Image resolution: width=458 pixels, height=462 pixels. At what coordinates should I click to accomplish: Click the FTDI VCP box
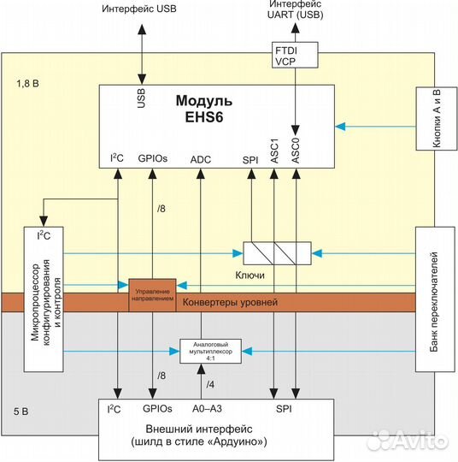pyautogui.click(x=295, y=55)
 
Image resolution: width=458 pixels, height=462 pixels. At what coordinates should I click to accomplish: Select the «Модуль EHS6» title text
pyautogui.click(x=204, y=109)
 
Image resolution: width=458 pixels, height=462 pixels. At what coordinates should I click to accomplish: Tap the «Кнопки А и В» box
pyautogui.click(x=437, y=118)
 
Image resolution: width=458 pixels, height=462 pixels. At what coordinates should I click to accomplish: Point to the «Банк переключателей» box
pyautogui.click(x=435, y=299)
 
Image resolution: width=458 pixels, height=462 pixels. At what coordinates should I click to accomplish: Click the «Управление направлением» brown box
pyautogui.click(x=152, y=295)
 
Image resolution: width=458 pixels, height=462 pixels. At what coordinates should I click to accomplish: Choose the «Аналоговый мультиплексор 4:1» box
pyautogui.click(x=210, y=352)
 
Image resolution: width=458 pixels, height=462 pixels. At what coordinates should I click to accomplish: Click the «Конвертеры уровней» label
pyautogui.click(x=230, y=302)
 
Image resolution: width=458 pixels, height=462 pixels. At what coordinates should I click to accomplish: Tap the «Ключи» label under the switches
pyautogui.click(x=250, y=275)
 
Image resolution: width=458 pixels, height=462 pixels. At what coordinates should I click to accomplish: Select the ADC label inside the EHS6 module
pyautogui.click(x=201, y=160)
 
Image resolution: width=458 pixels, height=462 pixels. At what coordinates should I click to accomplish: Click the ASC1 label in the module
pyautogui.click(x=274, y=151)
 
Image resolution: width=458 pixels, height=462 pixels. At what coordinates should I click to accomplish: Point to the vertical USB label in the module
pyautogui.click(x=141, y=98)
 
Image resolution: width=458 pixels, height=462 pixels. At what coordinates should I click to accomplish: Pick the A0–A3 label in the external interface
pyautogui.click(x=207, y=409)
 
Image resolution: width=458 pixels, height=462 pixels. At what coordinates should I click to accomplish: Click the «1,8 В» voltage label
pyautogui.click(x=27, y=84)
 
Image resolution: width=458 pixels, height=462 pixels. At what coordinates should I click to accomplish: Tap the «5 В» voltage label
pyautogui.click(x=21, y=412)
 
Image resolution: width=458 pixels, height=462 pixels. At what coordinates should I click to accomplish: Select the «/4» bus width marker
pyautogui.click(x=210, y=384)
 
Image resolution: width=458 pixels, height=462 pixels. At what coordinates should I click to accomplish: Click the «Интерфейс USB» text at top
pyautogui.click(x=139, y=9)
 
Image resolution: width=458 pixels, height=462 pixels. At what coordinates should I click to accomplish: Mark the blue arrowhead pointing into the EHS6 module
pyautogui.click(x=340, y=127)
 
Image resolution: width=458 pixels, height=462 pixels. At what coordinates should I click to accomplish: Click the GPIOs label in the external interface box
pyautogui.click(x=157, y=409)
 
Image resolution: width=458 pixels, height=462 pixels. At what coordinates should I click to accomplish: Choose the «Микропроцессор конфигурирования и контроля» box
pyautogui.click(x=44, y=299)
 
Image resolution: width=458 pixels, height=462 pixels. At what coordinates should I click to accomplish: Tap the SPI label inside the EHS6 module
pyautogui.click(x=250, y=160)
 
